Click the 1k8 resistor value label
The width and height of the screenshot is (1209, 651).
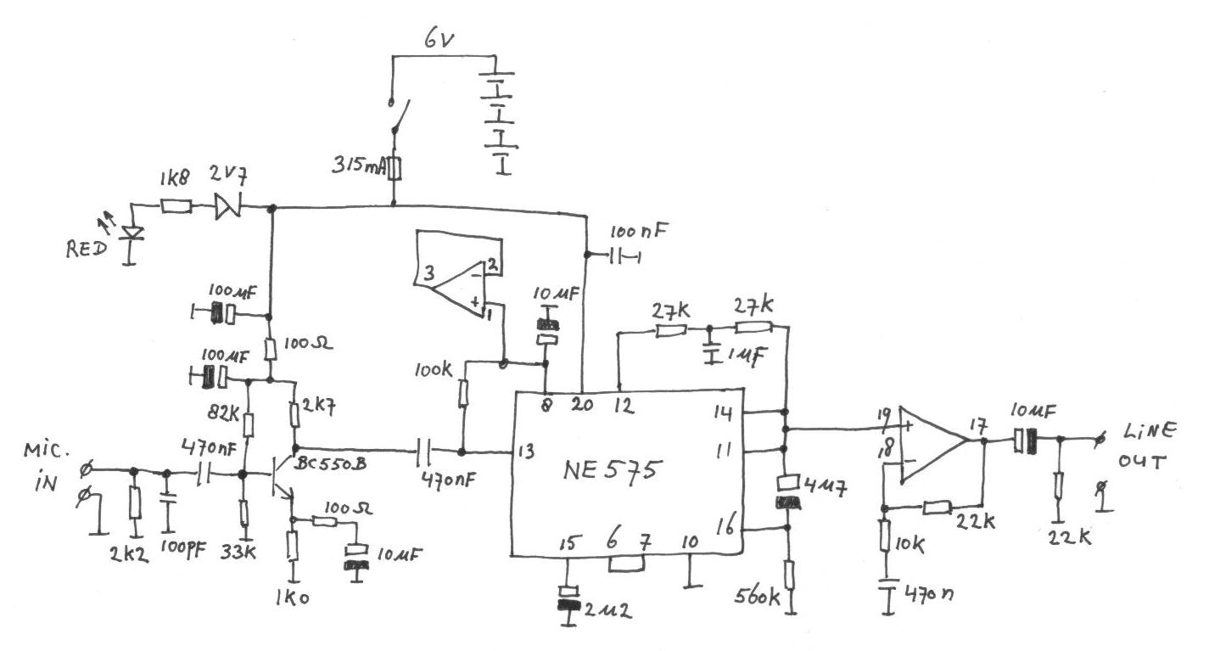(175, 181)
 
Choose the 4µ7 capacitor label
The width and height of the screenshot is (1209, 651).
(819, 487)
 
